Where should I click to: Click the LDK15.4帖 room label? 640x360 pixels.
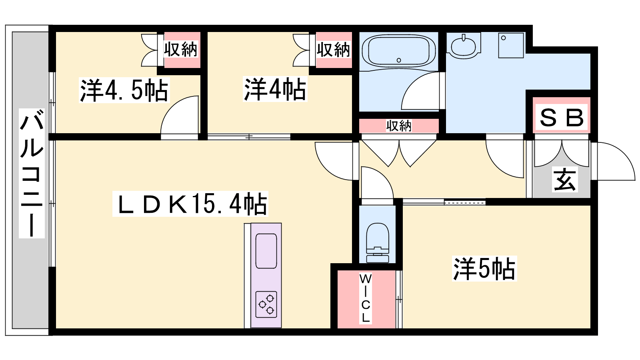(x=190, y=204)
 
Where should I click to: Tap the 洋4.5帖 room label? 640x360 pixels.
(x=124, y=90)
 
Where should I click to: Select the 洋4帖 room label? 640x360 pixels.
(x=275, y=89)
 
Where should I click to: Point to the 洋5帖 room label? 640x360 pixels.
(x=484, y=268)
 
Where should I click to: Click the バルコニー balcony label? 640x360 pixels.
(x=32, y=173)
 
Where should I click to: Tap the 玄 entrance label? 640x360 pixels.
(x=564, y=179)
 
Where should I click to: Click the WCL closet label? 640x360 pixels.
(x=366, y=298)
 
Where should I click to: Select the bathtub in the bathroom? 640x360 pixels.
(x=399, y=52)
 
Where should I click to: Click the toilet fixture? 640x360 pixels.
(x=378, y=243)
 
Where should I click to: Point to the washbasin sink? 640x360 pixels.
(x=463, y=46)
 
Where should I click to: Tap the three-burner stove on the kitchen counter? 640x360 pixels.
(x=266, y=304)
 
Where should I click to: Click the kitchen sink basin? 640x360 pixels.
(x=266, y=251)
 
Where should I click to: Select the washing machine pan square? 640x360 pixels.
(x=511, y=46)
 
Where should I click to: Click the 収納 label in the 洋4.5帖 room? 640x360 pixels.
(x=180, y=49)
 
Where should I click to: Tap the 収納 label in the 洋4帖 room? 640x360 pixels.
(x=333, y=50)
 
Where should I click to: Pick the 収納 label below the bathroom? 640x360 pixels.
(x=399, y=126)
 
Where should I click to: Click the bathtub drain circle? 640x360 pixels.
(x=399, y=60)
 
